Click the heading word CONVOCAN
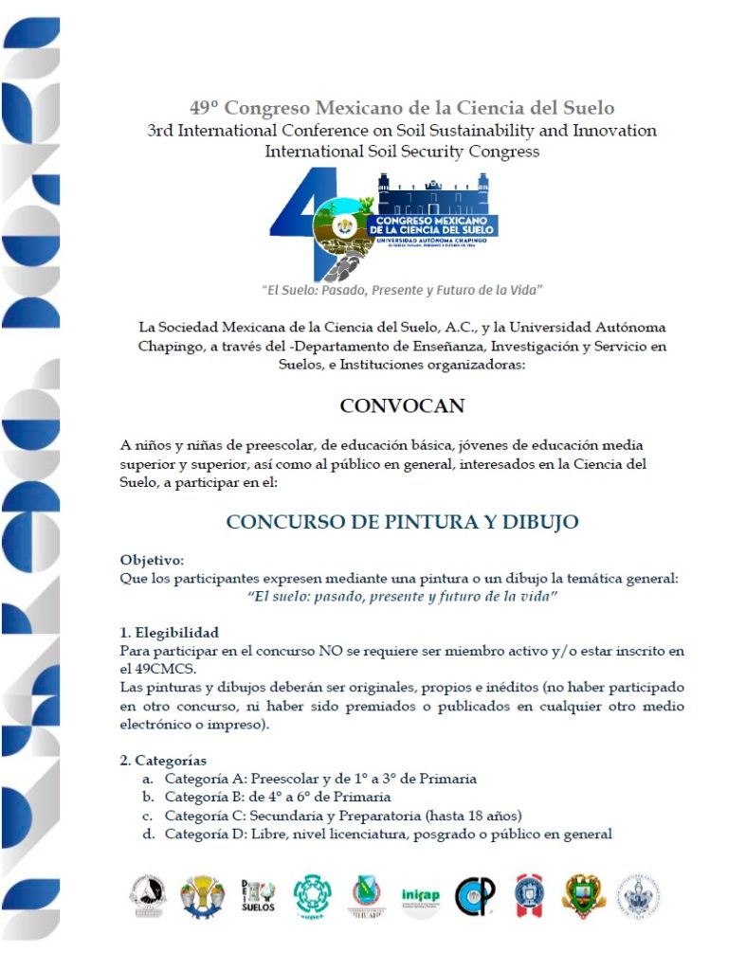[x=402, y=406]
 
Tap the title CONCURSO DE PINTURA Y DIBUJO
[x=402, y=522]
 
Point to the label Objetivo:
[x=152, y=560]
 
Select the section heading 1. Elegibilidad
[x=170, y=632]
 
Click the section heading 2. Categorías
[x=163, y=760]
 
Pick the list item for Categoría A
[x=319, y=779]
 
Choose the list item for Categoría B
[x=290, y=797]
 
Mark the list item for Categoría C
[x=343, y=816]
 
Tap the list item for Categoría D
[x=388, y=834]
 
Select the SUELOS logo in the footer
[x=257, y=895]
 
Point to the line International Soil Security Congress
[x=402, y=151]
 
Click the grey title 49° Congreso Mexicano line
[x=402, y=108]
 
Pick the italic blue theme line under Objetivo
[x=402, y=598]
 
